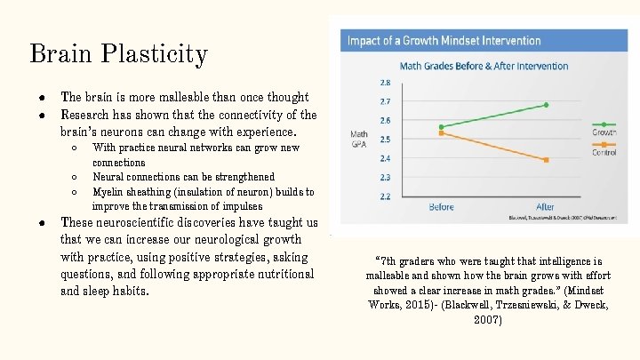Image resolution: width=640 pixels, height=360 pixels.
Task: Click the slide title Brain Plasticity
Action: tap(118, 54)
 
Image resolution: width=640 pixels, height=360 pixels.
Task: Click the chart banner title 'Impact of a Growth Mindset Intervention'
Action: tap(444, 40)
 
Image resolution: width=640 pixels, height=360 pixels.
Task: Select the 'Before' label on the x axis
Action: tap(441, 207)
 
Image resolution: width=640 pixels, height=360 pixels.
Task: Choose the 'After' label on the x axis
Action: tap(545, 207)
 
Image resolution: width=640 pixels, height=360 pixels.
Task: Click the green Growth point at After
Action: tap(546, 105)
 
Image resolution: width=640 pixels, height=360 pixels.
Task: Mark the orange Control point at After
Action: tap(546, 160)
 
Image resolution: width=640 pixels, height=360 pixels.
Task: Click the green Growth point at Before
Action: tap(441, 127)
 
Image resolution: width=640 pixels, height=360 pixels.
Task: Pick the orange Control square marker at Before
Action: tap(441, 133)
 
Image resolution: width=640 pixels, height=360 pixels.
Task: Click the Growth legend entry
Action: tap(604, 132)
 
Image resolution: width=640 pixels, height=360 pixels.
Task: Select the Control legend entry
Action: tap(604, 152)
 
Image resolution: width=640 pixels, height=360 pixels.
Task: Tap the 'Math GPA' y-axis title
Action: tap(359, 140)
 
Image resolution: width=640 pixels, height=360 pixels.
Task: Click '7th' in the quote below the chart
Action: tap(388, 262)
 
